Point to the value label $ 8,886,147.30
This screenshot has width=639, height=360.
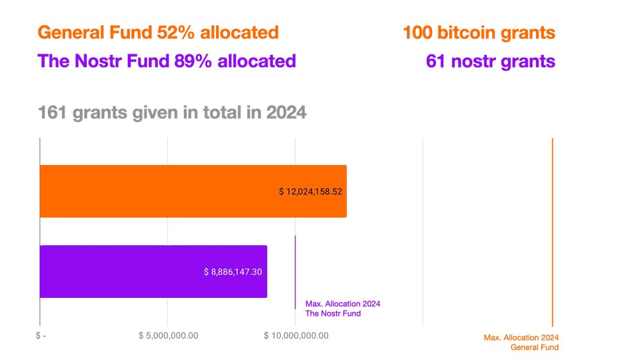pos(233,272)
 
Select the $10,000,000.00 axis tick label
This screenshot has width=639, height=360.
pos(296,335)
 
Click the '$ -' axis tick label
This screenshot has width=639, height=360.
pos(41,335)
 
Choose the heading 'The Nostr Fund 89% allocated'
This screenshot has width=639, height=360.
pos(167,61)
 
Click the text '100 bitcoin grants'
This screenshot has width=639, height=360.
pos(479,33)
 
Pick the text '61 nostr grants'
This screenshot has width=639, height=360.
pos(490,61)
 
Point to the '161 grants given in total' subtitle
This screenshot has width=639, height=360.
pos(173,113)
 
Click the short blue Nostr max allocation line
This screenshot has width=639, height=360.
pos(294,272)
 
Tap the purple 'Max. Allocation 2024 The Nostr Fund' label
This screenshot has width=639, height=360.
pos(337,308)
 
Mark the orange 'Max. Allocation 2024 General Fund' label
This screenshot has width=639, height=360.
pos(521,342)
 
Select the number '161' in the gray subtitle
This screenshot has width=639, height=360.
pos(51,113)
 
